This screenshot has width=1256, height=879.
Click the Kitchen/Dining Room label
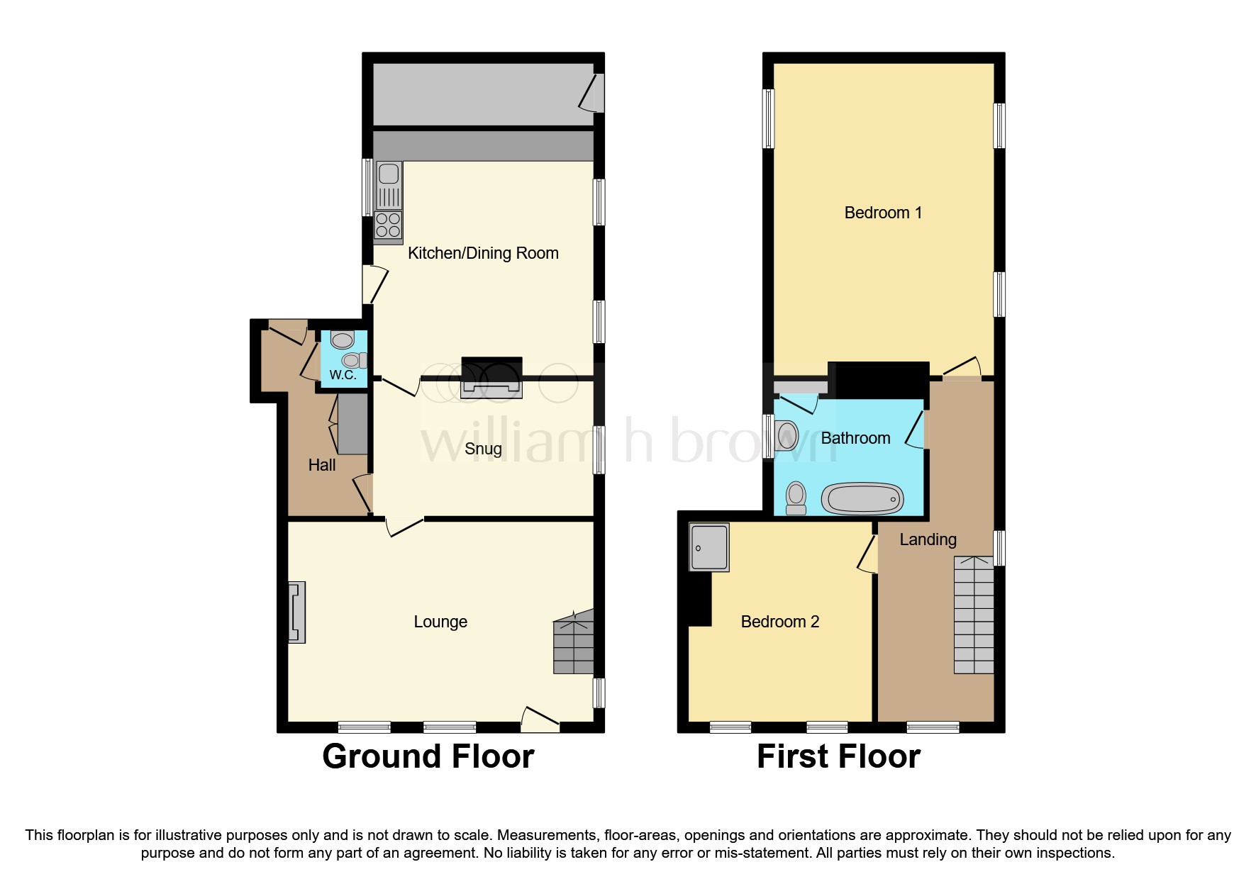[483, 253]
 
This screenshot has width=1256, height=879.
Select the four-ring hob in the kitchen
[388, 225]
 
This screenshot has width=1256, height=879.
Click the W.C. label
[343, 375]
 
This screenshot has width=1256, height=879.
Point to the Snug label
[483, 449]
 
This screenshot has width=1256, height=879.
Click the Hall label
[322, 465]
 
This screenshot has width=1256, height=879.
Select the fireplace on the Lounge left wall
[296, 612]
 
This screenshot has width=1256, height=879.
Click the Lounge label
[440, 622]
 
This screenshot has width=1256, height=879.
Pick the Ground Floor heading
[428, 756]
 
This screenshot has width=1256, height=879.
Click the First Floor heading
[838, 756]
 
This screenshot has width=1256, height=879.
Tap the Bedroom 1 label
[883, 213]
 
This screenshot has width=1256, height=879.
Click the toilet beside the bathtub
[796, 498]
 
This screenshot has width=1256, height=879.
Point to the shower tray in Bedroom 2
[709, 547]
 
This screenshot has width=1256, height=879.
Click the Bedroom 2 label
[779, 622]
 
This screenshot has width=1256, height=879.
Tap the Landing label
[928, 539]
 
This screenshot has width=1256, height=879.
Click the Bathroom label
[855, 438]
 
